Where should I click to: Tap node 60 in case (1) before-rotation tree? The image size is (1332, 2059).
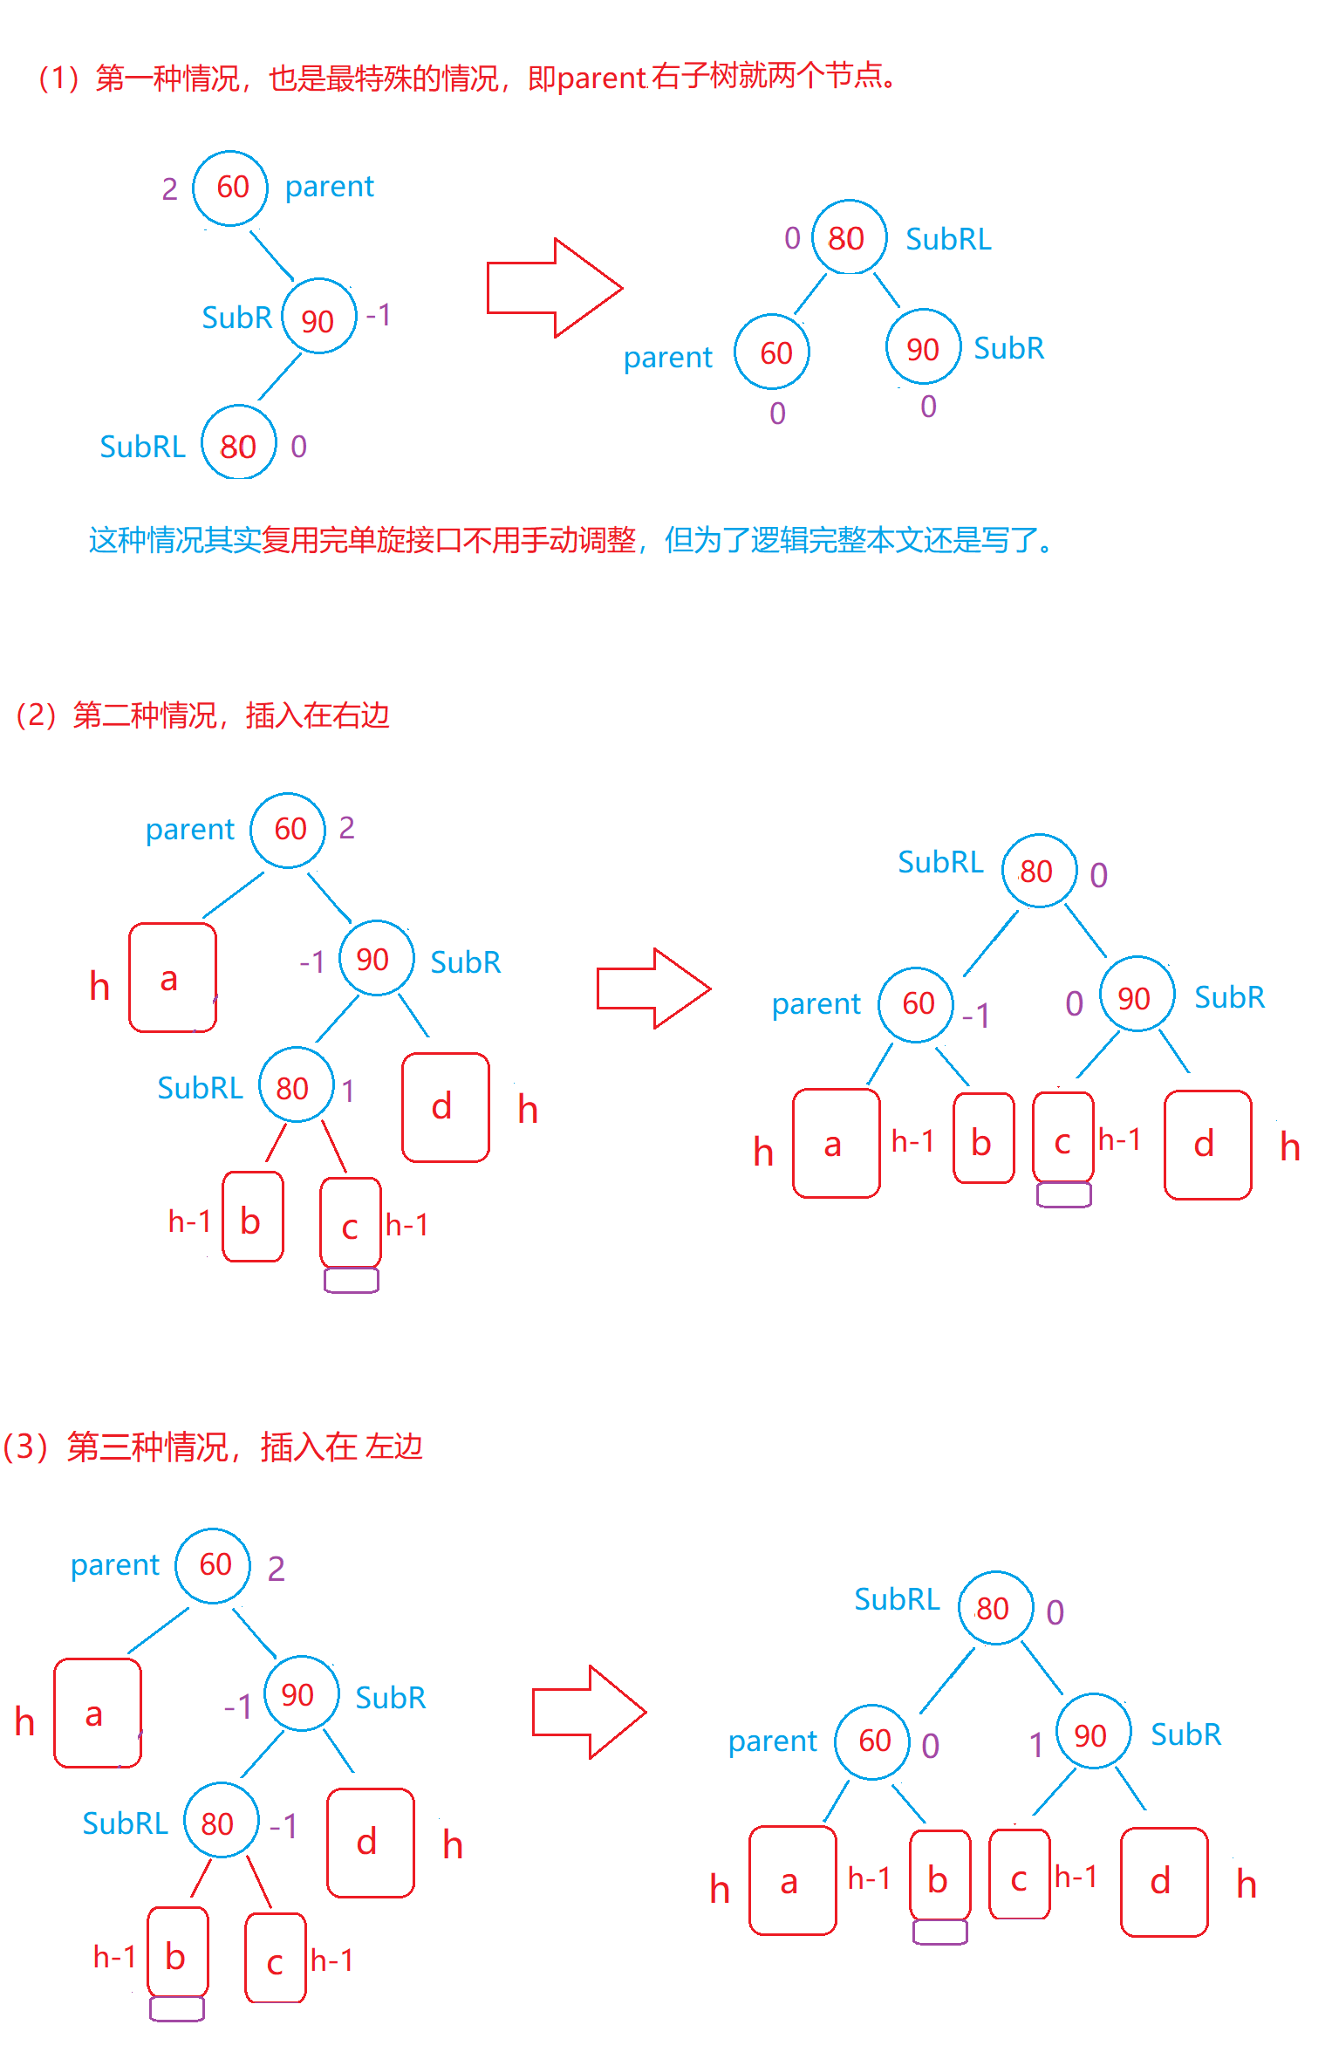(x=230, y=188)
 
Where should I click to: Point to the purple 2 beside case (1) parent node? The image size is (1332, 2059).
(x=169, y=189)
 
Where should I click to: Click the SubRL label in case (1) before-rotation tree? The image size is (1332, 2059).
(x=142, y=447)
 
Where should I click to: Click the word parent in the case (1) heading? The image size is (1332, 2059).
(x=601, y=79)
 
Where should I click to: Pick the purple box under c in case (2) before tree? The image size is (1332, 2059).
(x=351, y=1280)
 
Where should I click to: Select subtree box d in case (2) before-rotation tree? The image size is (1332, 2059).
(x=445, y=1107)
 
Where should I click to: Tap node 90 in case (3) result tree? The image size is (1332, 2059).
(x=1092, y=1735)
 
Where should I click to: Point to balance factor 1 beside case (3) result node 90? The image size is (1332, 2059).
(x=1036, y=1746)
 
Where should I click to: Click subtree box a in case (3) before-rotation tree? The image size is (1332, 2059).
(x=97, y=1714)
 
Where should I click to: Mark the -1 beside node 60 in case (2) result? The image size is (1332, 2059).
(x=977, y=1016)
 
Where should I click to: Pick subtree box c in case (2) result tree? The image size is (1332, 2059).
(x=1062, y=1137)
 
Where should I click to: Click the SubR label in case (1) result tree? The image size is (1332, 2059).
(x=1008, y=349)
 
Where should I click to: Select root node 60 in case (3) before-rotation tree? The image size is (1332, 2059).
(x=214, y=1565)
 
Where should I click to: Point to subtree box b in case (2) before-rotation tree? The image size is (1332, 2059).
(x=252, y=1217)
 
